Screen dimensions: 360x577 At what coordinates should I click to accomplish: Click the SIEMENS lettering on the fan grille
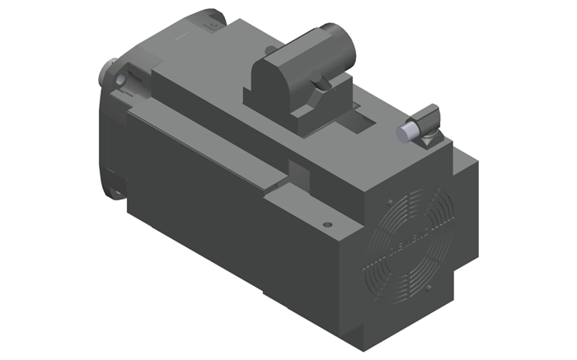click(x=416, y=239)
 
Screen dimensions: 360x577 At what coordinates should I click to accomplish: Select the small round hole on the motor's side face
click(x=327, y=223)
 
